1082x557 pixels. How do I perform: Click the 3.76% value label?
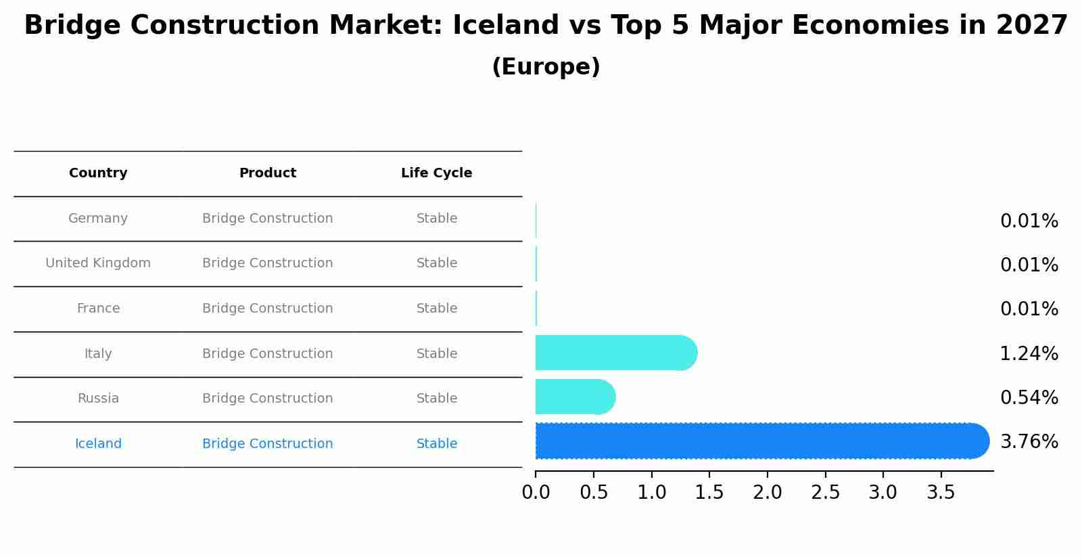(x=1029, y=442)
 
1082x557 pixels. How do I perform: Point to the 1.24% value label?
(x=1029, y=354)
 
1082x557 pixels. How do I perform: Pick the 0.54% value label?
(x=1029, y=398)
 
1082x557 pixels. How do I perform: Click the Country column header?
(x=98, y=173)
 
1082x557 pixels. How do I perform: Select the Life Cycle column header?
(x=436, y=173)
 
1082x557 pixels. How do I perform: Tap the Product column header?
(x=268, y=173)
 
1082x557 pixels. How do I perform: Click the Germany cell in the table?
(x=98, y=219)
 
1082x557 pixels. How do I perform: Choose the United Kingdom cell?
(x=98, y=263)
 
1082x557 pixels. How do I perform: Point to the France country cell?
(x=98, y=309)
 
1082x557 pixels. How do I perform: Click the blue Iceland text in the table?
(x=98, y=444)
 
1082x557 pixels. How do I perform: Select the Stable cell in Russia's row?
(x=437, y=399)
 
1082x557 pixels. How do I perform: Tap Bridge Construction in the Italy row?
(x=268, y=354)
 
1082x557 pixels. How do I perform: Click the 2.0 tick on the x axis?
(x=767, y=493)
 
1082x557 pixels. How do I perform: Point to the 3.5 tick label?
(x=941, y=493)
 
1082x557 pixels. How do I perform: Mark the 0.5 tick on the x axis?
(x=594, y=493)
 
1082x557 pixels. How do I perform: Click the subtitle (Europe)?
(x=546, y=67)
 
